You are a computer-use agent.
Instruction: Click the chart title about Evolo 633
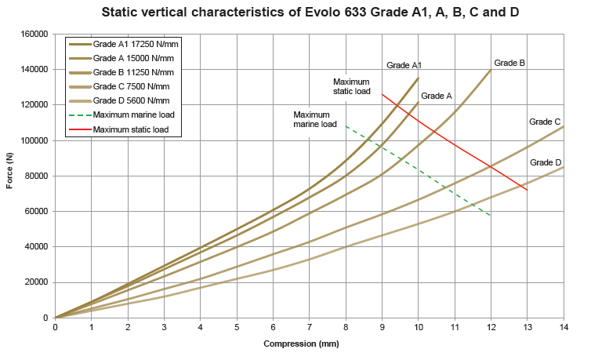coord(311,13)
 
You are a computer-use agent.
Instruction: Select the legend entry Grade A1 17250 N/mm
coord(132,45)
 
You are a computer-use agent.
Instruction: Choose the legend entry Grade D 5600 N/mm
coord(131,100)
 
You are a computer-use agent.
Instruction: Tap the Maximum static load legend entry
coord(132,129)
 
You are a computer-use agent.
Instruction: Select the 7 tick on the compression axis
coord(309,327)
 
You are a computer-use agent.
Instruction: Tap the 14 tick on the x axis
coord(563,327)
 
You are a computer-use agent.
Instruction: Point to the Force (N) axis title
coord(10,176)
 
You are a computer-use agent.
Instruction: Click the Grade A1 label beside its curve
coord(404,65)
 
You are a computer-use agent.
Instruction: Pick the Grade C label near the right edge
coord(544,122)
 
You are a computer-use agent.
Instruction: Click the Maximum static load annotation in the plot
coord(351,86)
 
